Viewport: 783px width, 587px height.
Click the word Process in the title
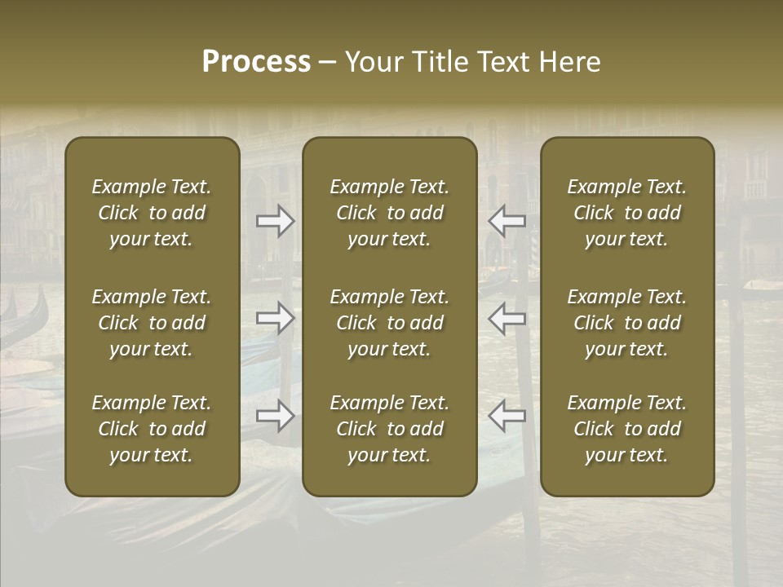256,62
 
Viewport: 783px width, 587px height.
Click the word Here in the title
569,62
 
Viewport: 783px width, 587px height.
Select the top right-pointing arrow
276,220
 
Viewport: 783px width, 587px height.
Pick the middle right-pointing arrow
276,317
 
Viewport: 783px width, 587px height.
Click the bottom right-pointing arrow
276,415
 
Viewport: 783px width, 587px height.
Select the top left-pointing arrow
507,220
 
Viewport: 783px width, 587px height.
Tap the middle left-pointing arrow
507,317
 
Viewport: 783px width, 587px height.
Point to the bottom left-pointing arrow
507,415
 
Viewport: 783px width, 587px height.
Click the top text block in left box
152,213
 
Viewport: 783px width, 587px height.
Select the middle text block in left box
152,323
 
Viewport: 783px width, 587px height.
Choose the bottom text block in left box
152,429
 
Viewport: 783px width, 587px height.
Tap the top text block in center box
390,213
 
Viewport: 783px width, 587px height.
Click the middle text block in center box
390,323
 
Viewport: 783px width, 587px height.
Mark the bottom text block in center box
390,429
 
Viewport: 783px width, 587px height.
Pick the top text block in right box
627,213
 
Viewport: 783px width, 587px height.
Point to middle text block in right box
627,323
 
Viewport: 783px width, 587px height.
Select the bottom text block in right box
627,429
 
